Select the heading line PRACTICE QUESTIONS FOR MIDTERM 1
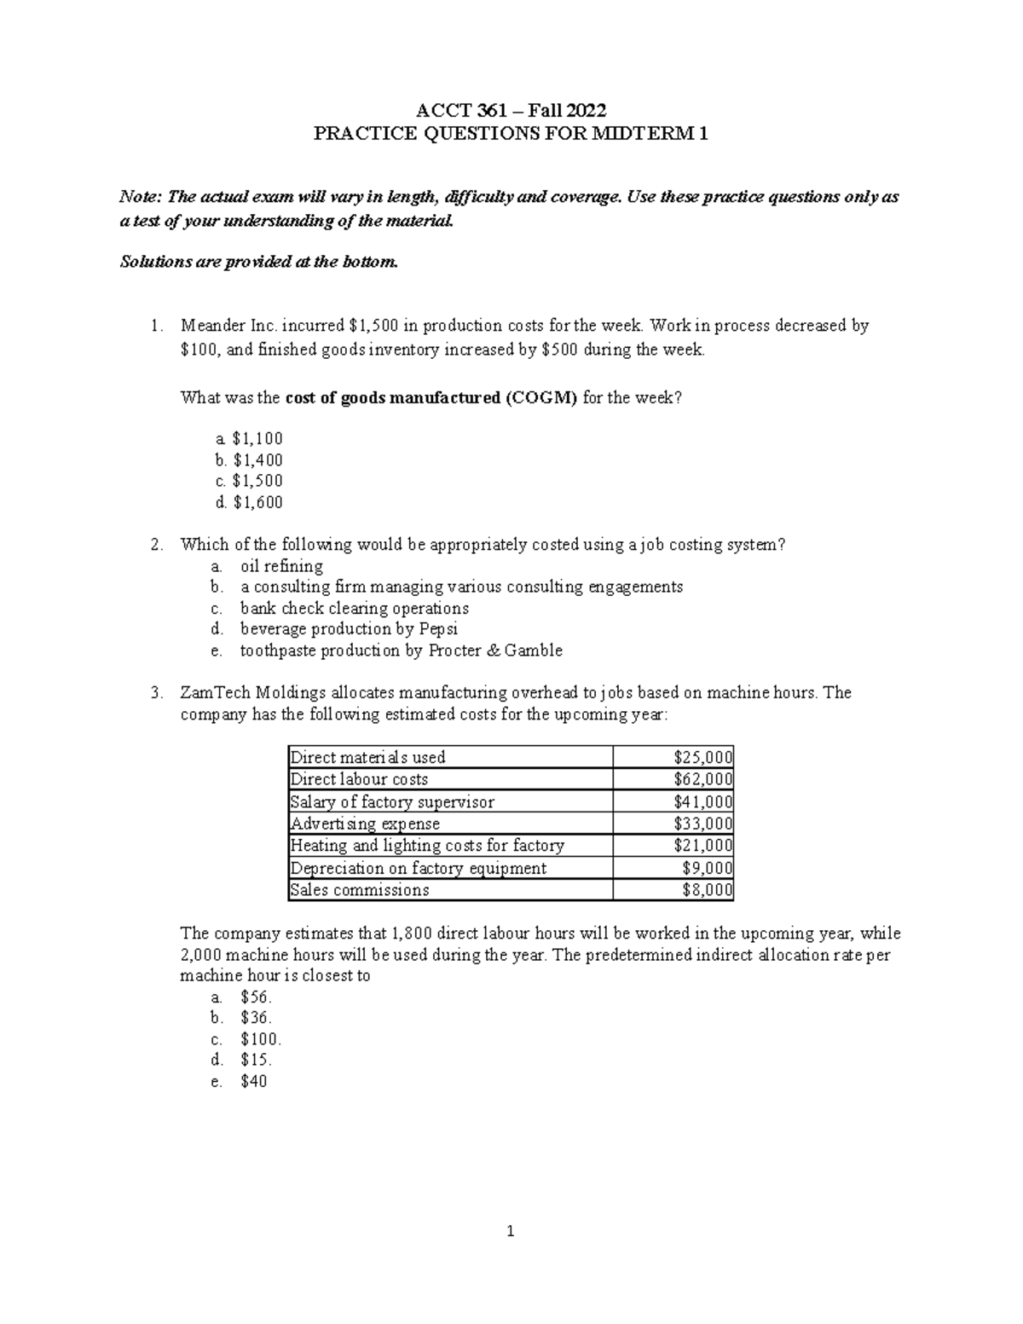point(511,133)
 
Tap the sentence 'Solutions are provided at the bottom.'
point(258,262)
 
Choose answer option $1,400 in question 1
point(257,460)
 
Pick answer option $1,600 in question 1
point(257,502)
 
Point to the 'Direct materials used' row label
point(367,757)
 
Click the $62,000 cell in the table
point(702,779)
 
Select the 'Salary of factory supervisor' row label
point(391,801)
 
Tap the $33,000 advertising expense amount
point(702,824)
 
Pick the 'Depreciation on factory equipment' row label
point(418,868)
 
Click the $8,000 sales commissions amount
point(707,890)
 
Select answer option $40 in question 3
point(254,1082)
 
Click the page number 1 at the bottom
point(511,1231)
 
